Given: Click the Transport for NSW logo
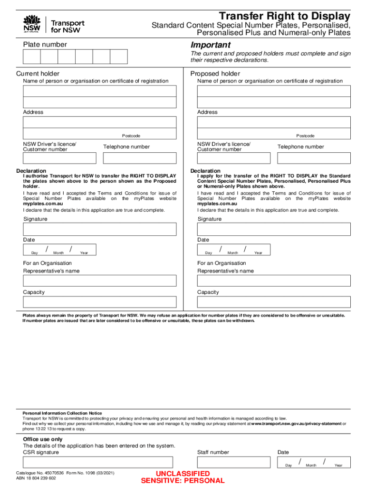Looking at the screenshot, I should tap(53, 25).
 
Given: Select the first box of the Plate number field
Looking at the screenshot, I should tap(32, 57).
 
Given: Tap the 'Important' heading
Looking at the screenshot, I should tap(211, 45).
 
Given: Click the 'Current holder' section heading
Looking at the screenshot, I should tap(38, 74).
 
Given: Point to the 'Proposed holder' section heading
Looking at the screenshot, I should tap(215, 74).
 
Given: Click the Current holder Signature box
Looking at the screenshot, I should tap(100, 229).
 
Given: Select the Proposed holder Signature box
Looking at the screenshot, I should tap(274, 229).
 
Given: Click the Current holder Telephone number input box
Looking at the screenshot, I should tap(140, 158).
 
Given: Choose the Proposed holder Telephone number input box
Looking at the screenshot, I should tap(314, 158).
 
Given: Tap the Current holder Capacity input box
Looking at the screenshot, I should tap(100, 302).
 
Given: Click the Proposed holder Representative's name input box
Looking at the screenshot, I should tap(274, 280).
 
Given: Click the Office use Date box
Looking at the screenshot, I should tap(314, 462).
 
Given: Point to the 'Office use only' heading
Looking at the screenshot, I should tap(43, 439).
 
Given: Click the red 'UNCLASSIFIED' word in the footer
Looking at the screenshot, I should tap(183, 474).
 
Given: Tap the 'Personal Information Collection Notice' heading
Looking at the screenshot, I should tap(62, 413).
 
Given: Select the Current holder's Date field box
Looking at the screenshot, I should tap(59, 250).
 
